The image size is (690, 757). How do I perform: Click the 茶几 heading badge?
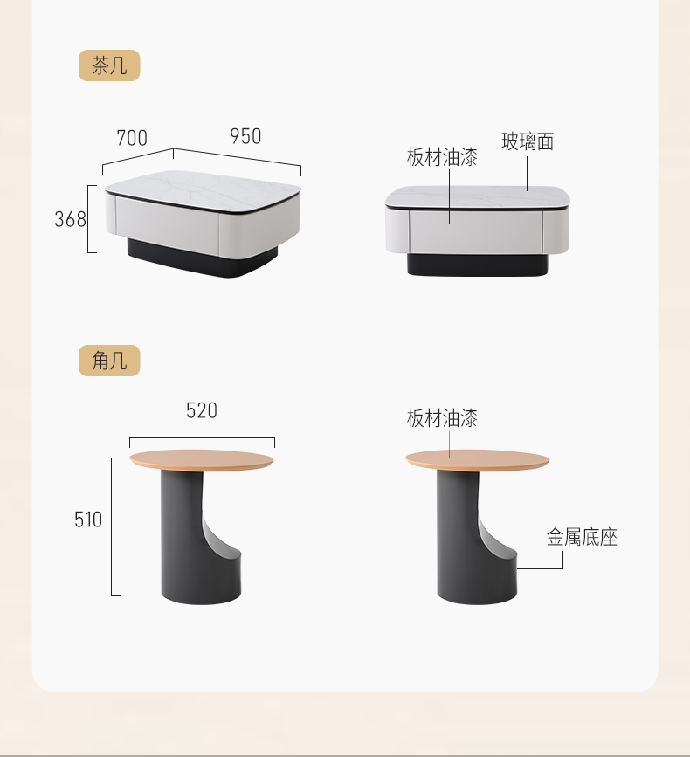click(109, 65)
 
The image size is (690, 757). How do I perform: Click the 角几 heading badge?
click(109, 360)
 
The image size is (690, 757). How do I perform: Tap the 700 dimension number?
click(132, 138)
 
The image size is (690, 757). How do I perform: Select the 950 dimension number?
click(245, 136)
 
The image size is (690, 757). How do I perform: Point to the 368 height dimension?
click(70, 219)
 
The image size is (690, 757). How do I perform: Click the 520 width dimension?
click(202, 411)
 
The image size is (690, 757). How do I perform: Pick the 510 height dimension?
click(88, 520)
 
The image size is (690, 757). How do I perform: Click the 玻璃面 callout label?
click(528, 142)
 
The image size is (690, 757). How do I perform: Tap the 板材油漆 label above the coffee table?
click(442, 157)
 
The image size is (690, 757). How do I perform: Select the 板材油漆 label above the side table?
click(442, 418)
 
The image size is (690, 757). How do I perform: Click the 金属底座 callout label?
click(582, 537)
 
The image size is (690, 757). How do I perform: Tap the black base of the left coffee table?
click(203, 259)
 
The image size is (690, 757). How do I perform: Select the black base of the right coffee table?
click(477, 265)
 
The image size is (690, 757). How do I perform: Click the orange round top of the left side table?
click(202, 459)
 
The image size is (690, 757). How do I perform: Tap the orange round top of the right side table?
click(478, 459)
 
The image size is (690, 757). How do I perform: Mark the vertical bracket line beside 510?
click(112, 526)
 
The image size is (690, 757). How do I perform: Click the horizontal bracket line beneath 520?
click(202, 438)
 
